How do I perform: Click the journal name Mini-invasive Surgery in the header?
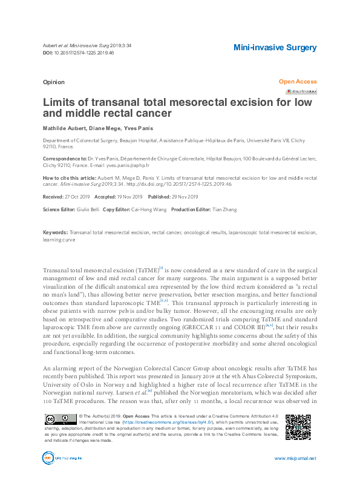pyautogui.click(x=275, y=47)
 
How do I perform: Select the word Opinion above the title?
pyautogui.click(x=54, y=82)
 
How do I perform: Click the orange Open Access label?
pyautogui.click(x=297, y=82)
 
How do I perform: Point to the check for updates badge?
pyautogui.click(x=301, y=91)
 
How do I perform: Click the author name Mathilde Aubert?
pyautogui.click(x=63, y=128)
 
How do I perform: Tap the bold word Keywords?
pyautogui.click(x=55, y=232)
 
